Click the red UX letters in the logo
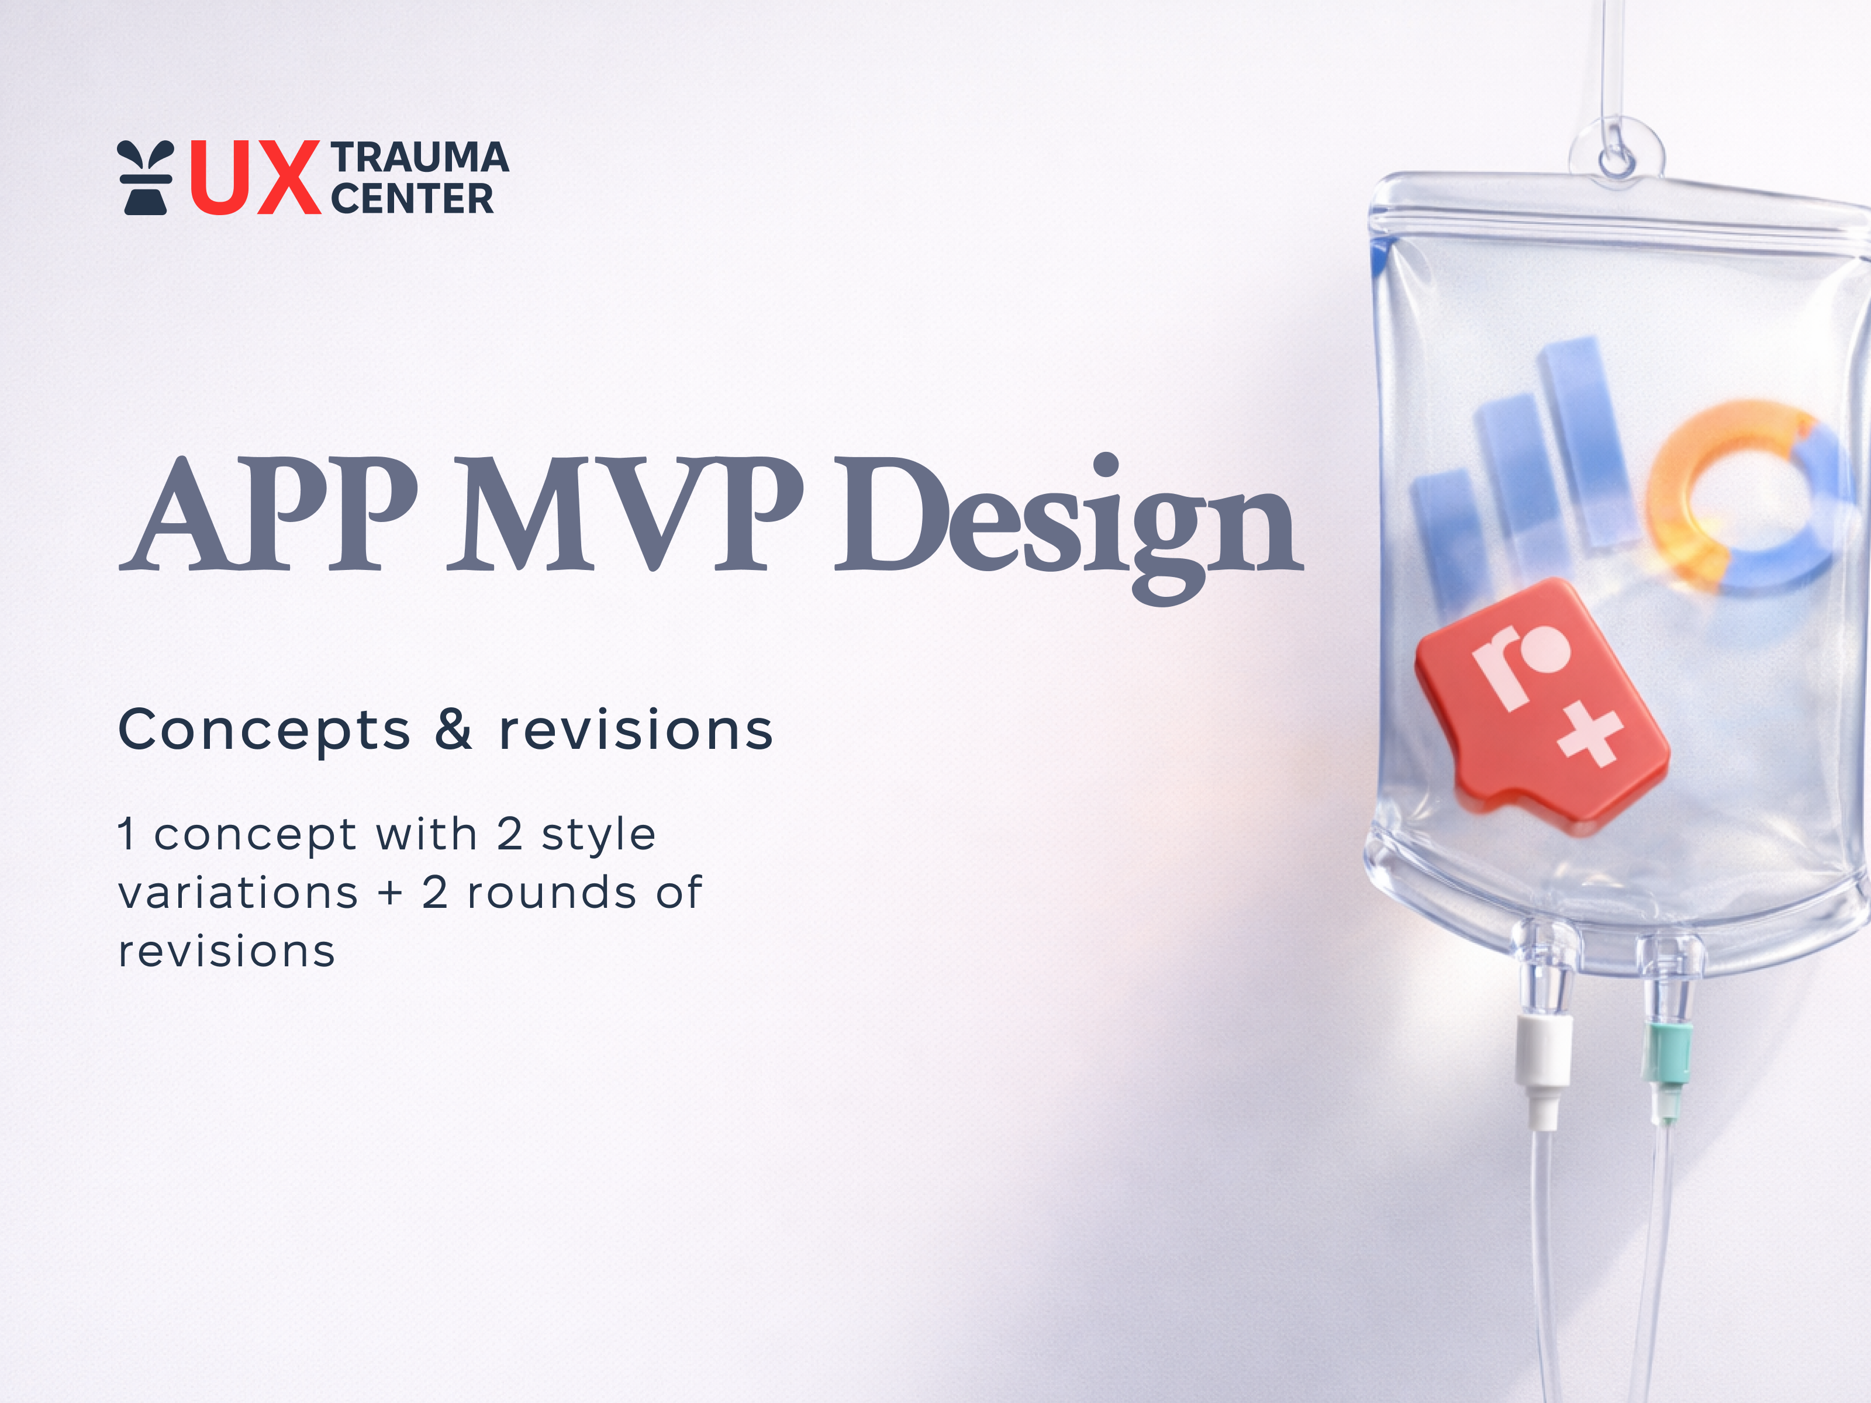[254, 178]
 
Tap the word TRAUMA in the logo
[420, 158]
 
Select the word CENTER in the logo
[412, 199]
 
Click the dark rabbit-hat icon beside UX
[146, 178]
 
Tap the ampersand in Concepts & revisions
[453, 729]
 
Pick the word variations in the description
[239, 893]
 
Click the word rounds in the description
[551, 893]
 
